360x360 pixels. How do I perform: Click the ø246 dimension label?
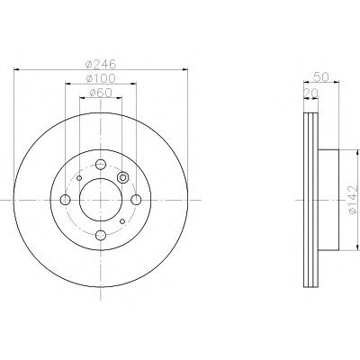coord(100,64)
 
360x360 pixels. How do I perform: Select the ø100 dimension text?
coord(100,78)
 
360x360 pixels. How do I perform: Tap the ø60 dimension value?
coord(101,93)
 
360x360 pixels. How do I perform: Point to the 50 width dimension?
coord(321,76)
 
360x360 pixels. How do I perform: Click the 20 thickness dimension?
coord(310,94)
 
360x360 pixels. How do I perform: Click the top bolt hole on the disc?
coord(101,164)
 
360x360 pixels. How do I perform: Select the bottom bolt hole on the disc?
coord(101,235)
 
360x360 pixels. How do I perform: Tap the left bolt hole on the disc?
coord(65,200)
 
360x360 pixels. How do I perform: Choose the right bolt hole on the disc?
coord(136,200)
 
